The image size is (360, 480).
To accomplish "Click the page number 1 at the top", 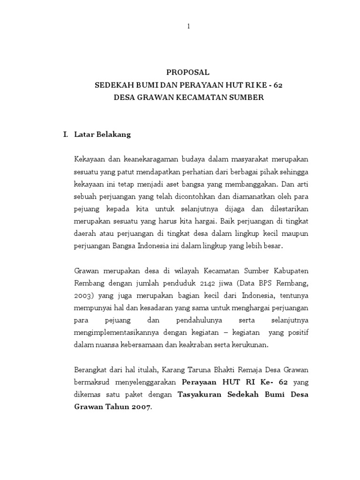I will click(x=188, y=27).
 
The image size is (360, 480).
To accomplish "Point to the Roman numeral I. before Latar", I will click(x=66, y=135).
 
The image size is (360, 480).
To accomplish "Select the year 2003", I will click(x=83, y=295).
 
